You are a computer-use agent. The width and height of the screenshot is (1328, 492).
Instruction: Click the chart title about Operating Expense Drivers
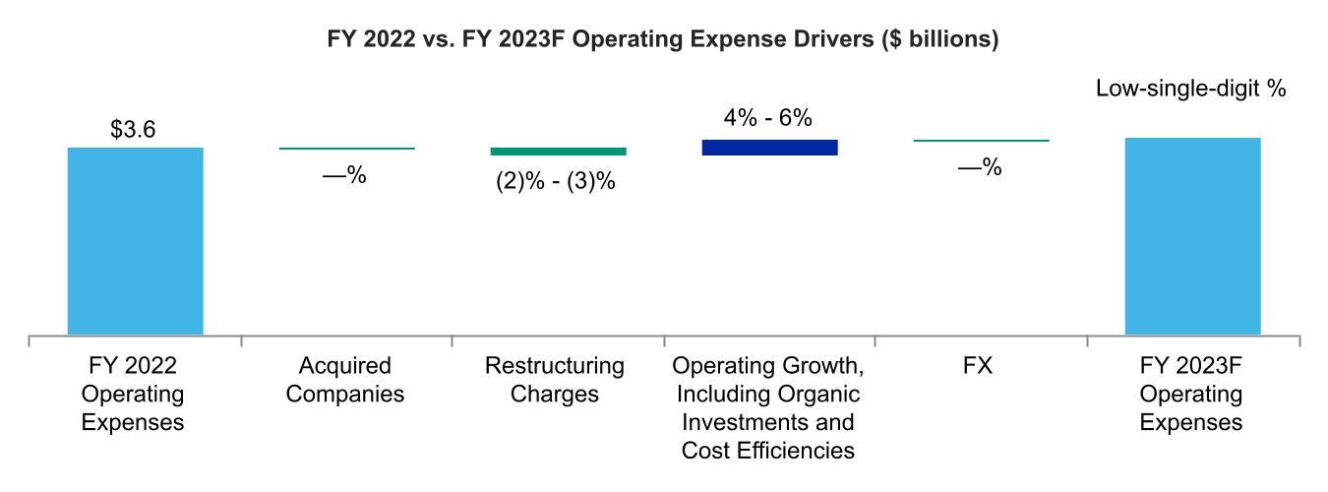pyautogui.click(x=663, y=40)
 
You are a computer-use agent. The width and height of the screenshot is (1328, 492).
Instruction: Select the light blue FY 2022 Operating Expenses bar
pyautogui.click(x=135, y=241)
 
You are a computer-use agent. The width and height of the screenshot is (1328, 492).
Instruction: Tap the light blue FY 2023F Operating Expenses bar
pyautogui.click(x=1192, y=236)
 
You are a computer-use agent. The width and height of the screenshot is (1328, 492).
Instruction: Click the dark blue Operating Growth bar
pyautogui.click(x=769, y=147)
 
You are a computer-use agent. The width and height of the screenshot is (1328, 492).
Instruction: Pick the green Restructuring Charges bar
pyautogui.click(x=558, y=151)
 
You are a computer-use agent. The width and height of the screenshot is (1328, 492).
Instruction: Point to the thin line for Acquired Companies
pyautogui.click(x=346, y=149)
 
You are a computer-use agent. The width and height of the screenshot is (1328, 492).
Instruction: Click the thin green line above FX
pyautogui.click(x=981, y=141)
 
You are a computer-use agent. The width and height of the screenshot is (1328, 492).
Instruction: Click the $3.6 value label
pyautogui.click(x=133, y=130)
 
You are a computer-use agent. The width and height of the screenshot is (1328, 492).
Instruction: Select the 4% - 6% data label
pyautogui.click(x=767, y=119)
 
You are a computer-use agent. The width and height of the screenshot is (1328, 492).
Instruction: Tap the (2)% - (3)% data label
pyautogui.click(x=556, y=182)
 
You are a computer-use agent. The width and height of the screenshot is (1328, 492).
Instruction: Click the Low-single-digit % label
pyautogui.click(x=1191, y=89)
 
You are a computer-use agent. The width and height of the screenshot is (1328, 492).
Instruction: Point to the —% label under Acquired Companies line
pyautogui.click(x=344, y=176)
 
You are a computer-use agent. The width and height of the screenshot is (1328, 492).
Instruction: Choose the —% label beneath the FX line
pyautogui.click(x=979, y=168)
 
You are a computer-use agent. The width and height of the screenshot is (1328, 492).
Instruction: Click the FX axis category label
pyautogui.click(x=979, y=367)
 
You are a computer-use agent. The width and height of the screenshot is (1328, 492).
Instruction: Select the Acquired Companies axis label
pyautogui.click(x=344, y=381)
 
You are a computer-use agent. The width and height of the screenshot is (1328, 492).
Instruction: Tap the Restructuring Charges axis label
pyautogui.click(x=555, y=381)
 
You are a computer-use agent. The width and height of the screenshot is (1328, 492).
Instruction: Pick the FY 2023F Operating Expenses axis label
pyautogui.click(x=1190, y=395)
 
